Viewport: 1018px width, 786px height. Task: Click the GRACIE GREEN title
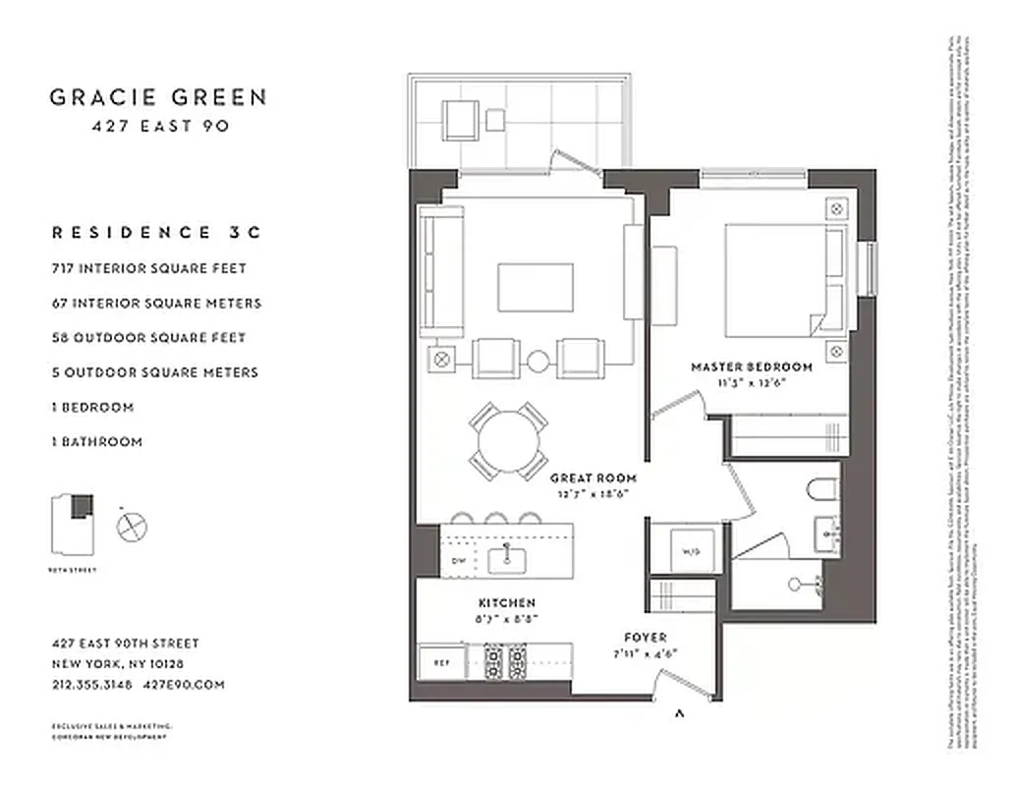[158, 96]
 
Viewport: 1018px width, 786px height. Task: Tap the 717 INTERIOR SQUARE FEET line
[148, 268]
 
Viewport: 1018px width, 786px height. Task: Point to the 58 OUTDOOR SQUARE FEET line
[148, 337]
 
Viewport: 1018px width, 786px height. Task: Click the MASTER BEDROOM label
[752, 366]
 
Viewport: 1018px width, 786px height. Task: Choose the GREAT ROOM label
[589, 478]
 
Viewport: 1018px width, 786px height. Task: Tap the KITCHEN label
[507, 602]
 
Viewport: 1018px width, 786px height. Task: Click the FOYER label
[645, 637]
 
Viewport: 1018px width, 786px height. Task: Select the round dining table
[508, 439]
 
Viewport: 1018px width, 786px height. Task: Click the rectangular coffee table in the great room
[536, 287]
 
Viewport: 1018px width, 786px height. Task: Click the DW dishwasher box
[457, 560]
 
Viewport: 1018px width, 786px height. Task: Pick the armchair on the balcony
[459, 121]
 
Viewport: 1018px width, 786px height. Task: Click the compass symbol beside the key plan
[131, 528]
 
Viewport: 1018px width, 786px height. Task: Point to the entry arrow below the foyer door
[679, 714]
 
